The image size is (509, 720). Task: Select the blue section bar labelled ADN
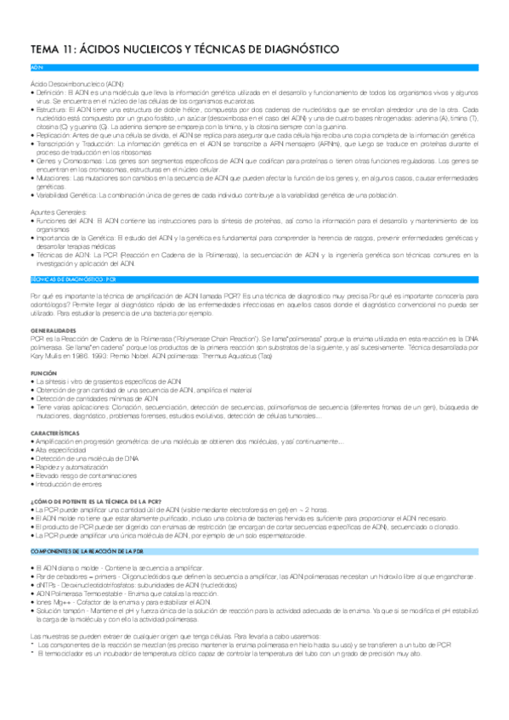click(254, 66)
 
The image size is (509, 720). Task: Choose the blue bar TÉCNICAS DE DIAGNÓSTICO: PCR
click(254, 277)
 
